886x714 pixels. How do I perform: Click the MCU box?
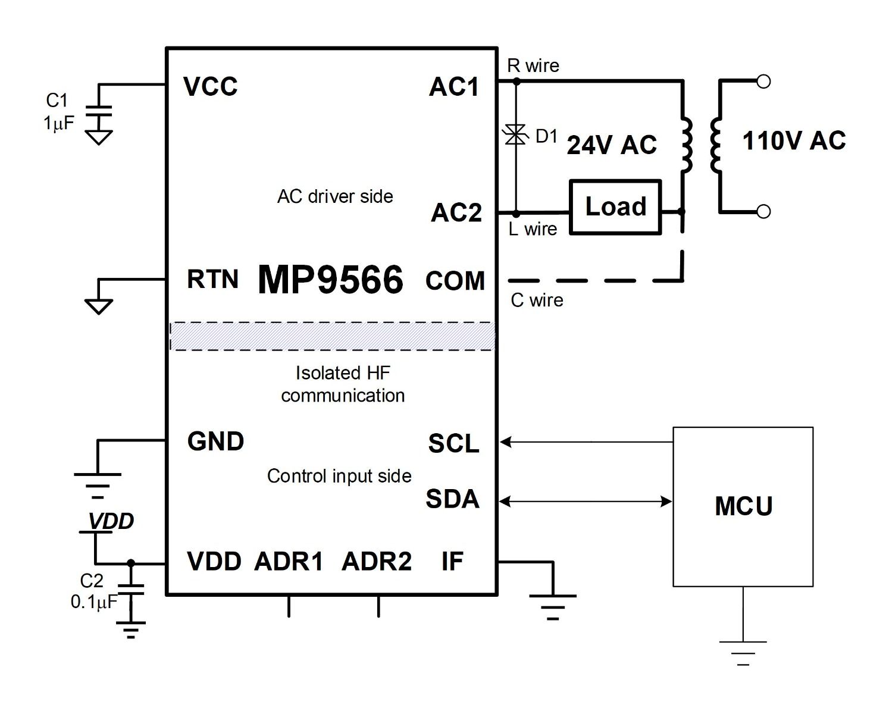click(743, 506)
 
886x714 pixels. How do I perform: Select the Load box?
click(615, 206)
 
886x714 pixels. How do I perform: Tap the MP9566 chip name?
click(330, 280)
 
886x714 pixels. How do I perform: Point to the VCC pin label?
click(210, 87)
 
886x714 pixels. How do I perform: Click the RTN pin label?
click(212, 280)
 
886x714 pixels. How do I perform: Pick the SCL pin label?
click(453, 444)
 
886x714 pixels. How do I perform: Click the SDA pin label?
click(452, 499)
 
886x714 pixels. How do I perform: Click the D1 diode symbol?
click(516, 135)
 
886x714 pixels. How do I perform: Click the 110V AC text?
click(794, 141)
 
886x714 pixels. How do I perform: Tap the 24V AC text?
click(611, 145)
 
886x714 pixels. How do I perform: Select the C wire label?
click(537, 300)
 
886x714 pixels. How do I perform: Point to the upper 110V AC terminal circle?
click(763, 82)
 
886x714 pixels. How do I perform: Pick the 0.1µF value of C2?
click(93, 602)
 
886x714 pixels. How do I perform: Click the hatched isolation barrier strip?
click(332, 336)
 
